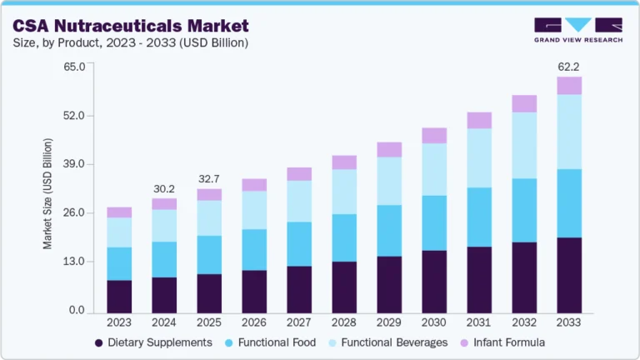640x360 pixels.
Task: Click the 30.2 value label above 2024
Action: click(164, 187)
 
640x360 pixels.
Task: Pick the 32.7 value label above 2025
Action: click(209, 178)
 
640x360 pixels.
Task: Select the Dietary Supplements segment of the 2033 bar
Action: click(569, 274)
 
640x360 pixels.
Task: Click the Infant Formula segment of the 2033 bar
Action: click(569, 86)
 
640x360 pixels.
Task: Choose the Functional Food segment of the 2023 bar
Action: click(119, 263)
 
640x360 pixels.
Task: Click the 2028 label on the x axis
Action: click(344, 322)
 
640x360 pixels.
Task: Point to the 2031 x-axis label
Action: click(479, 322)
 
